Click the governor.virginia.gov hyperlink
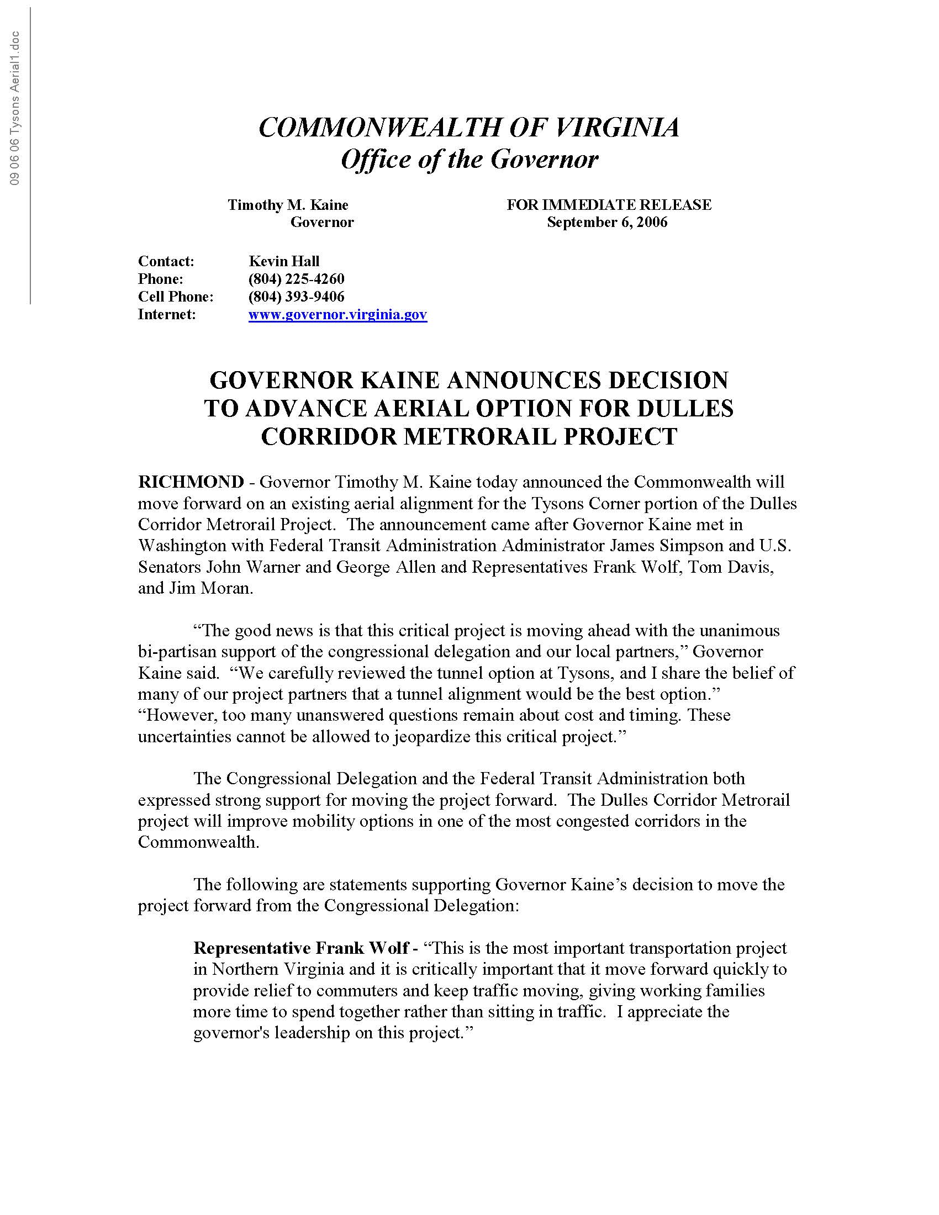[x=337, y=315]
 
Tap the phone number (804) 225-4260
[x=297, y=279]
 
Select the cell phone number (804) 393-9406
[x=297, y=297]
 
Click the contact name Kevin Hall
[x=284, y=261]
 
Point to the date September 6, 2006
[x=607, y=223]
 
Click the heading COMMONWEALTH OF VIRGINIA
[x=469, y=128]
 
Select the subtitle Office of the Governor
[x=469, y=160]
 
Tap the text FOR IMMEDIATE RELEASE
[x=609, y=205]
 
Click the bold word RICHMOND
[x=191, y=482]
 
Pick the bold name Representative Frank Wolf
[x=301, y=948]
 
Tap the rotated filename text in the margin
[x=15, y=108]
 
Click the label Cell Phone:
[x=176, y=297]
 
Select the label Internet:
[x=167, y=315]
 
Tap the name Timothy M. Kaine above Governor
[x=288, y=205]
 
